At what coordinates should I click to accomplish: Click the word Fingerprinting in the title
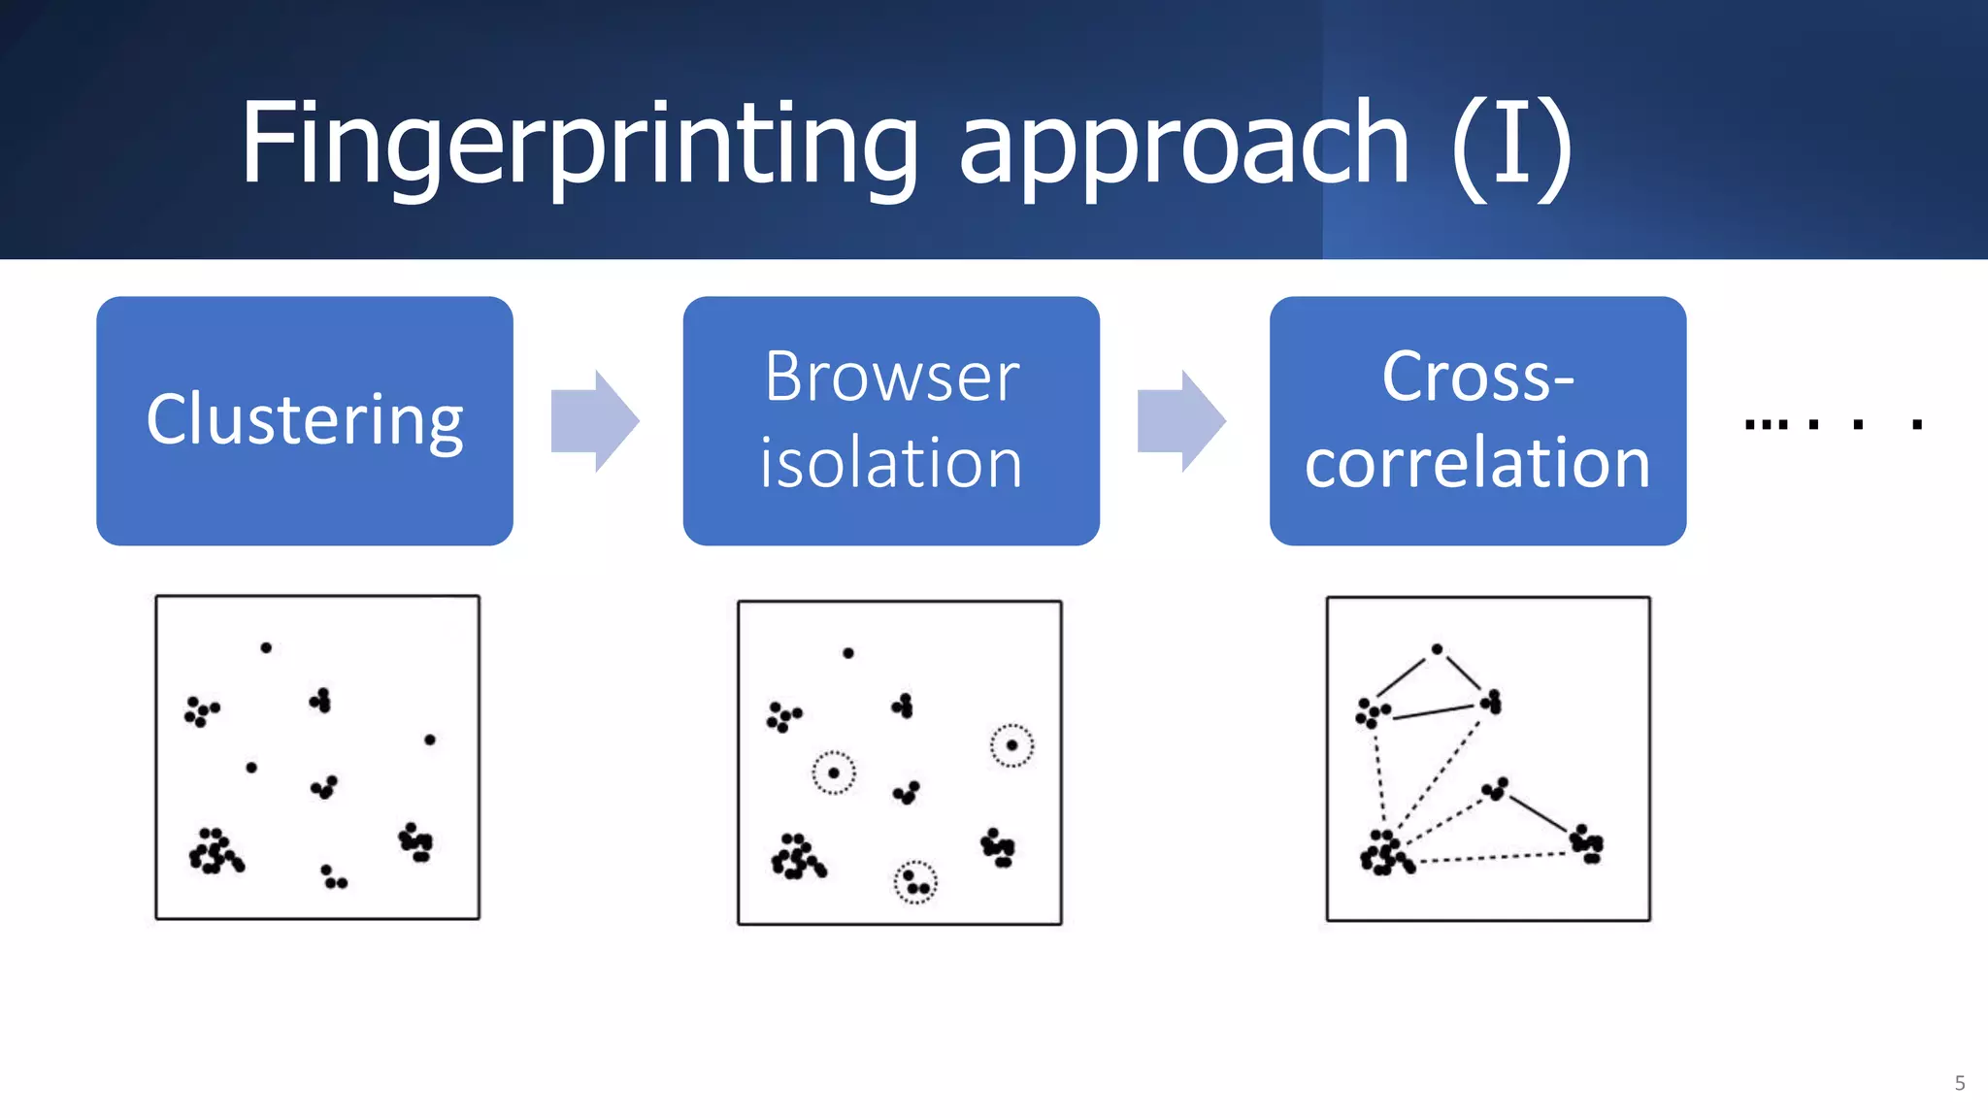coord(578,146)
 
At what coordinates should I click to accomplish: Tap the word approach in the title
coord(1184,146)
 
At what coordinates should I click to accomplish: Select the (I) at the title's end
coord(1511,146)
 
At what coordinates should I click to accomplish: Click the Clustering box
coord(305,420)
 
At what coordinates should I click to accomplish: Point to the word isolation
coord(891,463)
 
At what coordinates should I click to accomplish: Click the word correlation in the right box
coord(1477,463)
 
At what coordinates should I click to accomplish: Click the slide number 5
coord(1960,1083)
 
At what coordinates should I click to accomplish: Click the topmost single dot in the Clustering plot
coord(266,647)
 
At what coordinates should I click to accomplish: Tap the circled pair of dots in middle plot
coord(914,882)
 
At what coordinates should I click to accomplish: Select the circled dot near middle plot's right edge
coord(1011,745)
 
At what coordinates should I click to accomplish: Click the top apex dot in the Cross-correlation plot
coord(1437,649)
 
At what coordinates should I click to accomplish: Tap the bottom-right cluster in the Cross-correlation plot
coord(1588,843)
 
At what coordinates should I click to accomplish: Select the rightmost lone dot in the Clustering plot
coord(430,740)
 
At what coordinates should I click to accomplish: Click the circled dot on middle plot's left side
coord(833,773)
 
